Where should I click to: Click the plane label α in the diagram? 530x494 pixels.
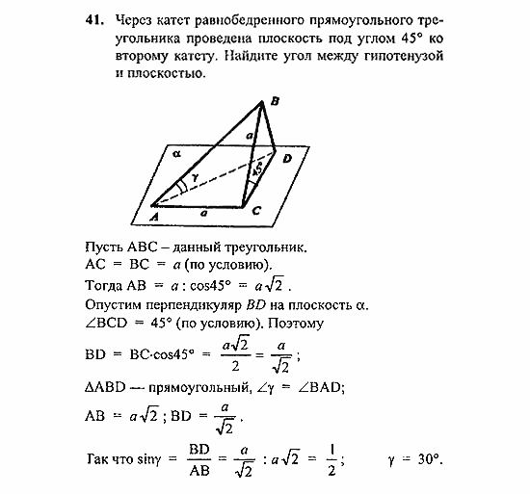[176, 152]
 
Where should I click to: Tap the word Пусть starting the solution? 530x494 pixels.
[104, 247]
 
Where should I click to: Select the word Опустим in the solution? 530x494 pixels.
[115, 305]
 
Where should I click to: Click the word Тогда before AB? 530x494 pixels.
[106, 286]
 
